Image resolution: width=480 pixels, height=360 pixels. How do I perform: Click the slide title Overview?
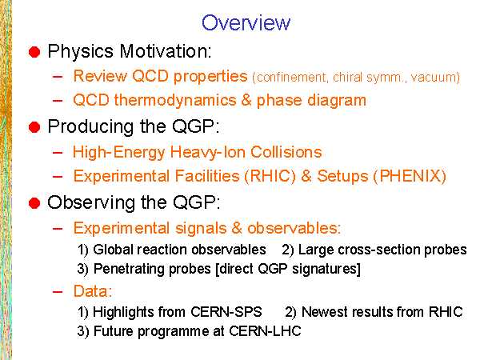tap(246, 22)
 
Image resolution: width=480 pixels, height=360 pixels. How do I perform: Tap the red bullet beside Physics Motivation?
tap(34, 52)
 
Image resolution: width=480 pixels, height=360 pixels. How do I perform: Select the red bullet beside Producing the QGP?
tap(34, 126)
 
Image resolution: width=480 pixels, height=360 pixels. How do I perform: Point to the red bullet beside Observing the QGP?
tap(34, 203)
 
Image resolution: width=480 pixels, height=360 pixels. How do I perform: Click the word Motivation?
tap(166, 51)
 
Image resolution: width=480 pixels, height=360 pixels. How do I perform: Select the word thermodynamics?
tap(175, 101)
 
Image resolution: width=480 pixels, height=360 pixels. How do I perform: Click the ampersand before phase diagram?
tap(246, 101)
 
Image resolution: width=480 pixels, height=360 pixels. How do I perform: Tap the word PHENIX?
tap(410, 176)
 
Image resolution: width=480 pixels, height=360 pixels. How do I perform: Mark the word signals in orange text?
tap(201, 228)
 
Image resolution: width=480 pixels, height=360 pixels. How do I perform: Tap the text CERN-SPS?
tap(226, 312)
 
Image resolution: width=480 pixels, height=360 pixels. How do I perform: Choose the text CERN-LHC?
tap(265, 331)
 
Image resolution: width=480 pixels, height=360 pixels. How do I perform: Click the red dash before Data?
tap(58, 292)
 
